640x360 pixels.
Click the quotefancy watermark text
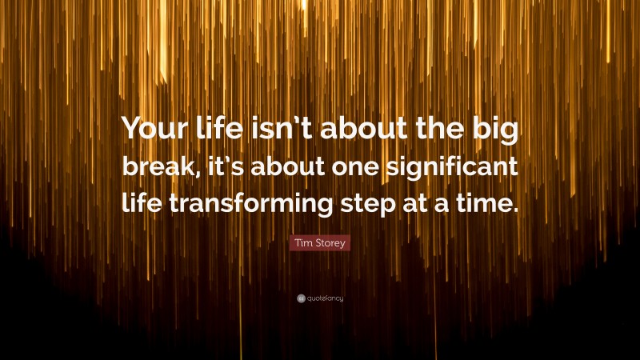coord(325,298)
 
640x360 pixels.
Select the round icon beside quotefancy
coord(301,298)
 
